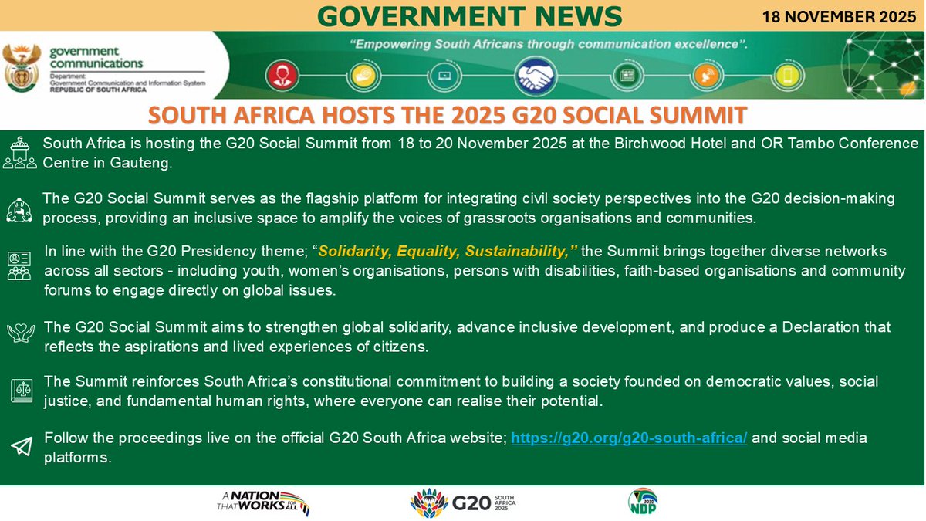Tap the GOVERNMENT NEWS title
click(x=470, y=15)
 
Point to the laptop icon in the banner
click(x=445, y=76)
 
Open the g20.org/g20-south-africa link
click(x=629, y=438)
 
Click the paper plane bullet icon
click(x=22, y=447)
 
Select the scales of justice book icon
click(x=22, y=391)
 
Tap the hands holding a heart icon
click(x=22, y=333)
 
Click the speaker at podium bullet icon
click(x=21, y=152)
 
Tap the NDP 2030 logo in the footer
click(x=642, y=502)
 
